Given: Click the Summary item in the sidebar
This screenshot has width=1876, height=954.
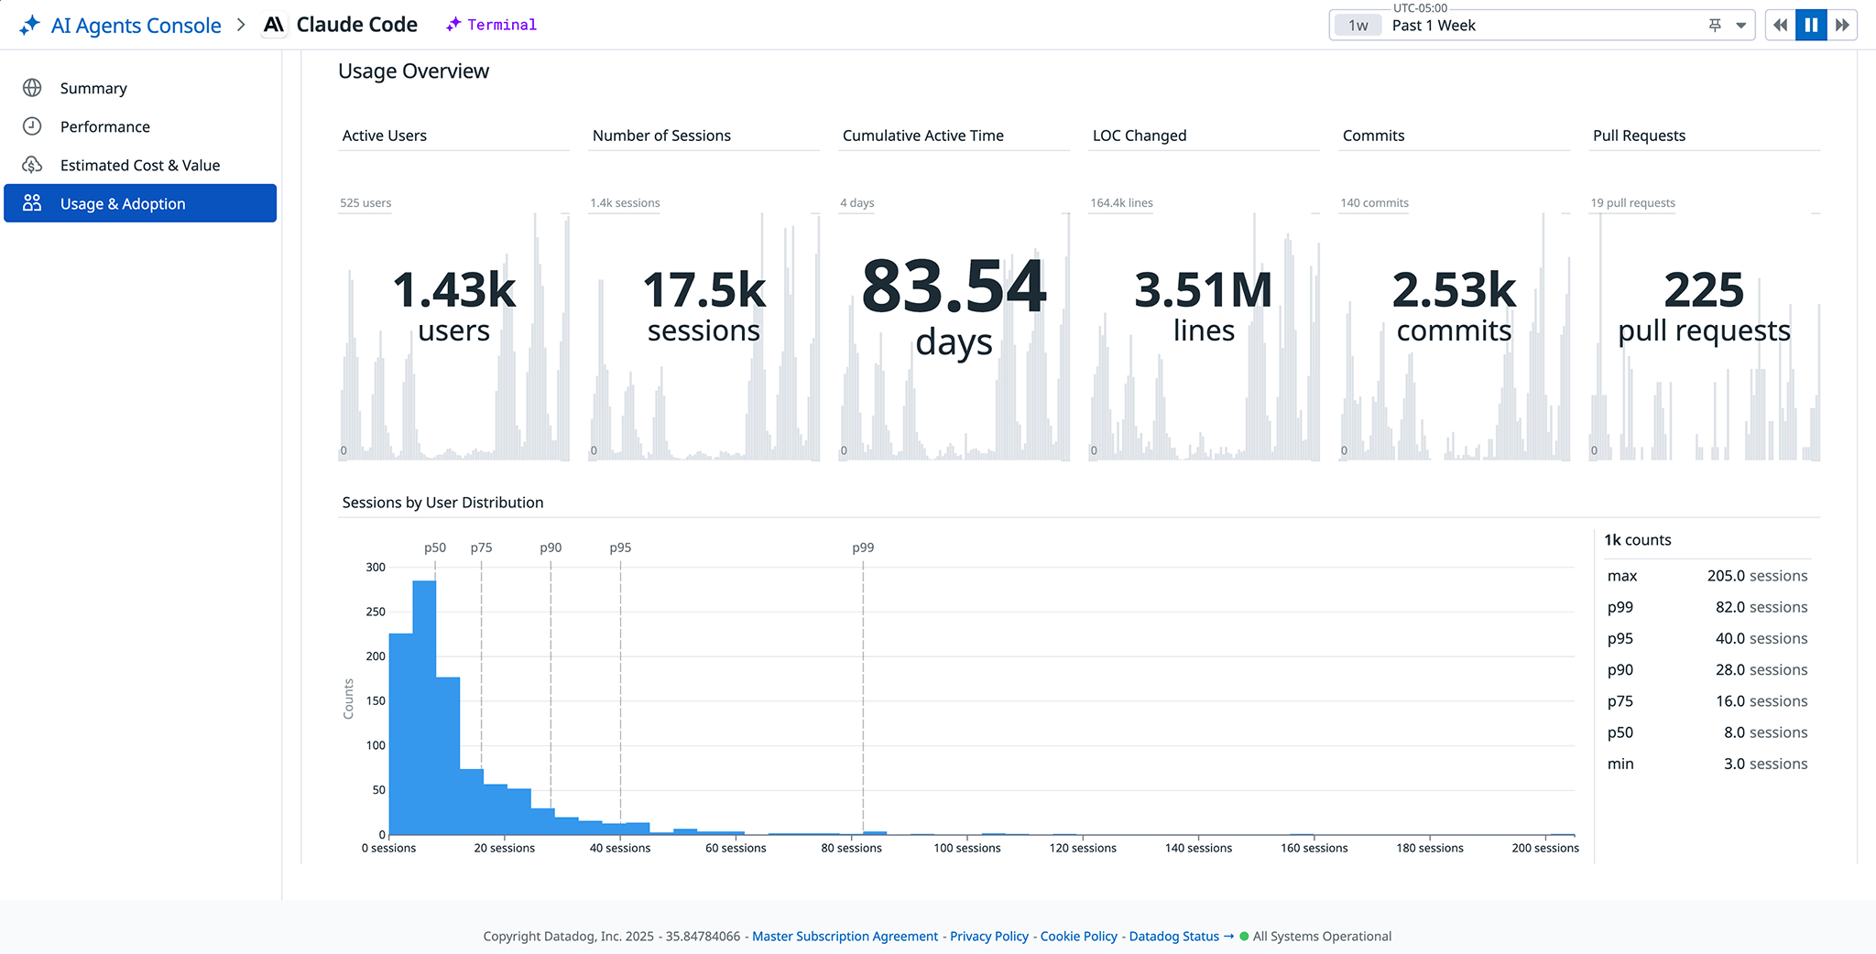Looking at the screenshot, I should (93, 88).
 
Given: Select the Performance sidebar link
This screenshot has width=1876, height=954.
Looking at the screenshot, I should (104, 126).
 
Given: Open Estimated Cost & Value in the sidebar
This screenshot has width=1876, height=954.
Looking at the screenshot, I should (139, 165).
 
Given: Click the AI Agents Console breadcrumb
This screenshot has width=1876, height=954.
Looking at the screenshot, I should (136, 26).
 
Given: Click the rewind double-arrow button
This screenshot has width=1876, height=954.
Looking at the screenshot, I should (1780, 26).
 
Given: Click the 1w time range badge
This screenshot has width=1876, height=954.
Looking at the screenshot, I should (1358, 26).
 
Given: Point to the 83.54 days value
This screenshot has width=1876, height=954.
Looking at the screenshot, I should (954, 287).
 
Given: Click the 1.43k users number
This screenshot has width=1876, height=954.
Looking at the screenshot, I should (453, 290).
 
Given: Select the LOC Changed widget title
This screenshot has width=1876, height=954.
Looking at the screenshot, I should (1139, 136).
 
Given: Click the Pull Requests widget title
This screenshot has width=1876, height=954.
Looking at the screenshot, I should (1638, 136).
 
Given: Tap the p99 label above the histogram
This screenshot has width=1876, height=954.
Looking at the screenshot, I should (863, 547).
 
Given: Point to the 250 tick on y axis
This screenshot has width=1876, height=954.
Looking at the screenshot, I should (376, 612).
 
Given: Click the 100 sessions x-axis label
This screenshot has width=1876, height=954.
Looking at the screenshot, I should (966, 848).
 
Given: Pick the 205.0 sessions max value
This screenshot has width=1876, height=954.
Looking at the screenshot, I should (1756, 576).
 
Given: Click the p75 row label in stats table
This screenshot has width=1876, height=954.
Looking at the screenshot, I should (1620, 701).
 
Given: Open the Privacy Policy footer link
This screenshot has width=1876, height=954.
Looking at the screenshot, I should (988, 936).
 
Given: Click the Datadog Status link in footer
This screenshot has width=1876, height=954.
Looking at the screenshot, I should (1173, 936).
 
